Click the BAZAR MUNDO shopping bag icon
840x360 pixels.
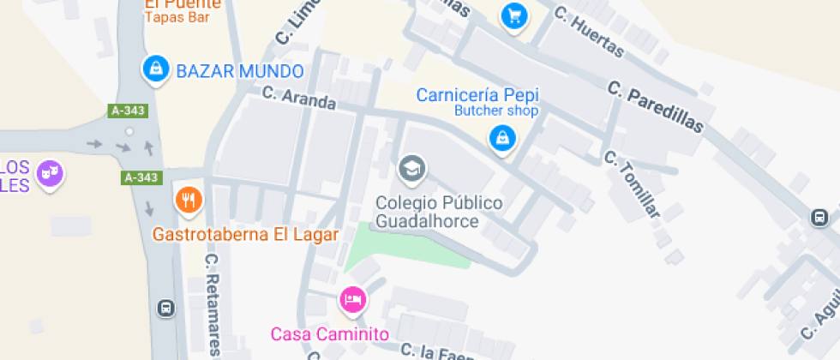155,69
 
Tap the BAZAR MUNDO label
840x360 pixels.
239,71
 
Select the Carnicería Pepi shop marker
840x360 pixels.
501,137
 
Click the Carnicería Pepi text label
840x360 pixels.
477,94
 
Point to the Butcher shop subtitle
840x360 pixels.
496,111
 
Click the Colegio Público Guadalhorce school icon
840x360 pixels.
412,169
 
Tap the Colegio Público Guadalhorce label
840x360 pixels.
439,212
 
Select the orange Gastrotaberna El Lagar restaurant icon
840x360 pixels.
188,200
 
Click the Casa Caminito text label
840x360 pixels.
330,334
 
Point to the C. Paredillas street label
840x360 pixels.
655,107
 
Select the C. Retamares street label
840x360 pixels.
213,304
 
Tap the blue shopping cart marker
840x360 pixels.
513,15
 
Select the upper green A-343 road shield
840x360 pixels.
129,111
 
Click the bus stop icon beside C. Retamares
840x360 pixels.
165,308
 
